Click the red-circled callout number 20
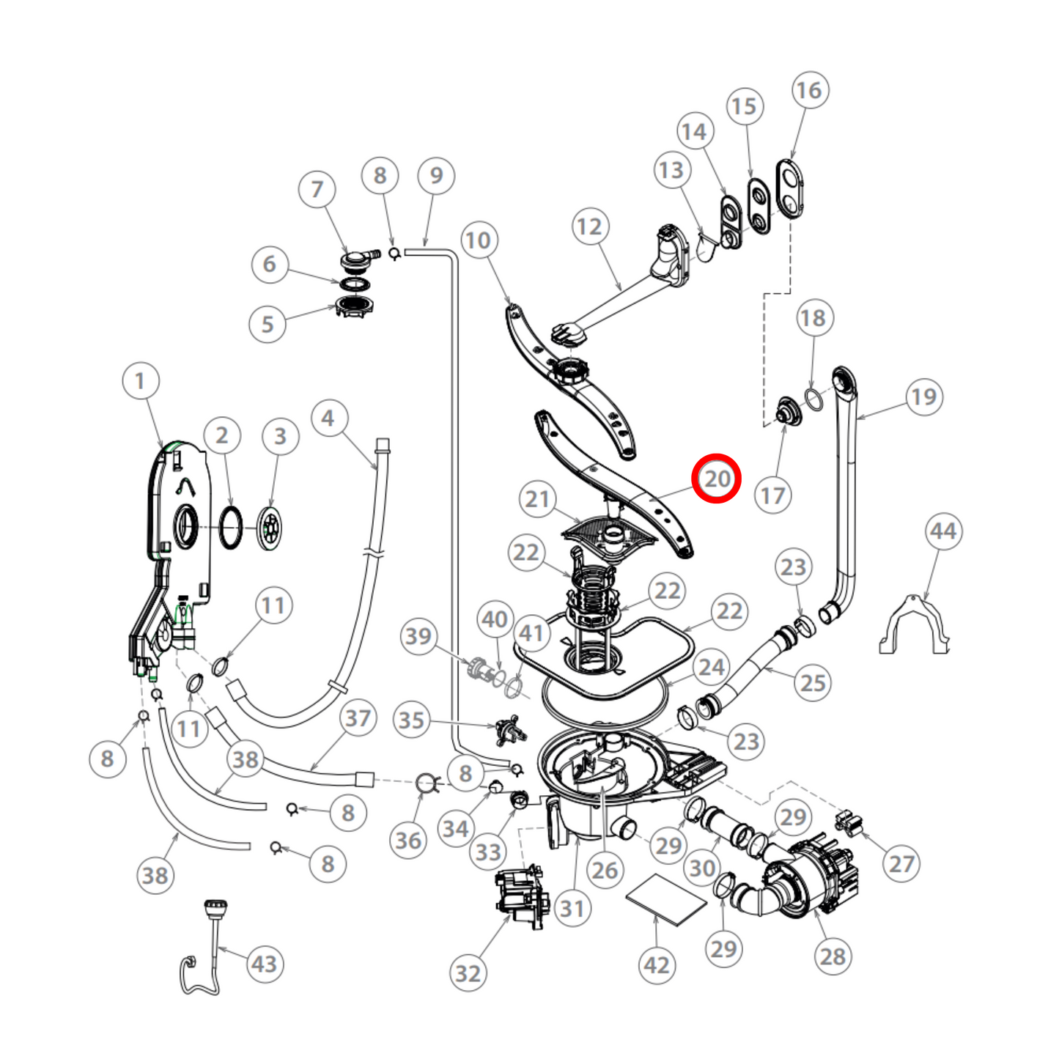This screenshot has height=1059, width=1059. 717,479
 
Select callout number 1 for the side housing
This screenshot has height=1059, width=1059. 140,381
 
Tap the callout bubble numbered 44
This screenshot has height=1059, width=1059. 943,531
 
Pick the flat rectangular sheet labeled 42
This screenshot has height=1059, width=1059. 665,900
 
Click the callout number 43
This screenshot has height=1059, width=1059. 265,964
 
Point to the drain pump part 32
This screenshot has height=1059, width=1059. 521,898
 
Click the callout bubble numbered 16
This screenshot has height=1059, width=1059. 809,90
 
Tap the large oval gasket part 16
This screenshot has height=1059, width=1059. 790,188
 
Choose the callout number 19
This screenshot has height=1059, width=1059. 923,396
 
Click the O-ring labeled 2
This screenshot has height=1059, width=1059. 231,527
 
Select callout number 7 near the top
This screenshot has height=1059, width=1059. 317,189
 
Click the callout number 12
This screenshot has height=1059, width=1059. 589,227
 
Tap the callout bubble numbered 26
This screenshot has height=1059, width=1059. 605,870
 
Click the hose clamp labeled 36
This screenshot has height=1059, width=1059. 427,784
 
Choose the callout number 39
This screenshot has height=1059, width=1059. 418,636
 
